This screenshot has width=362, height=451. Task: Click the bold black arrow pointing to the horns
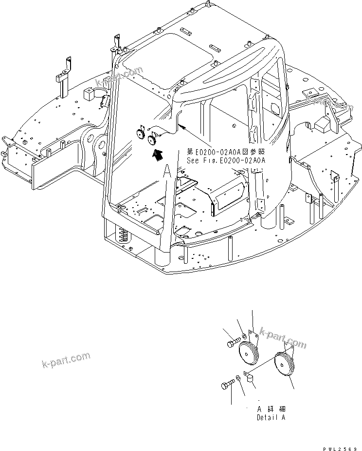(157, 156)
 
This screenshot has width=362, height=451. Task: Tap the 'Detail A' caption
(271, 417)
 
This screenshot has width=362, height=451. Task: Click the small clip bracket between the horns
(252, 378)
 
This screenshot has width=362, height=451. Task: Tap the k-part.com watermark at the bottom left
(66, 361)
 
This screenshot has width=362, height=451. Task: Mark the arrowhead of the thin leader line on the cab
(180, 126)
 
